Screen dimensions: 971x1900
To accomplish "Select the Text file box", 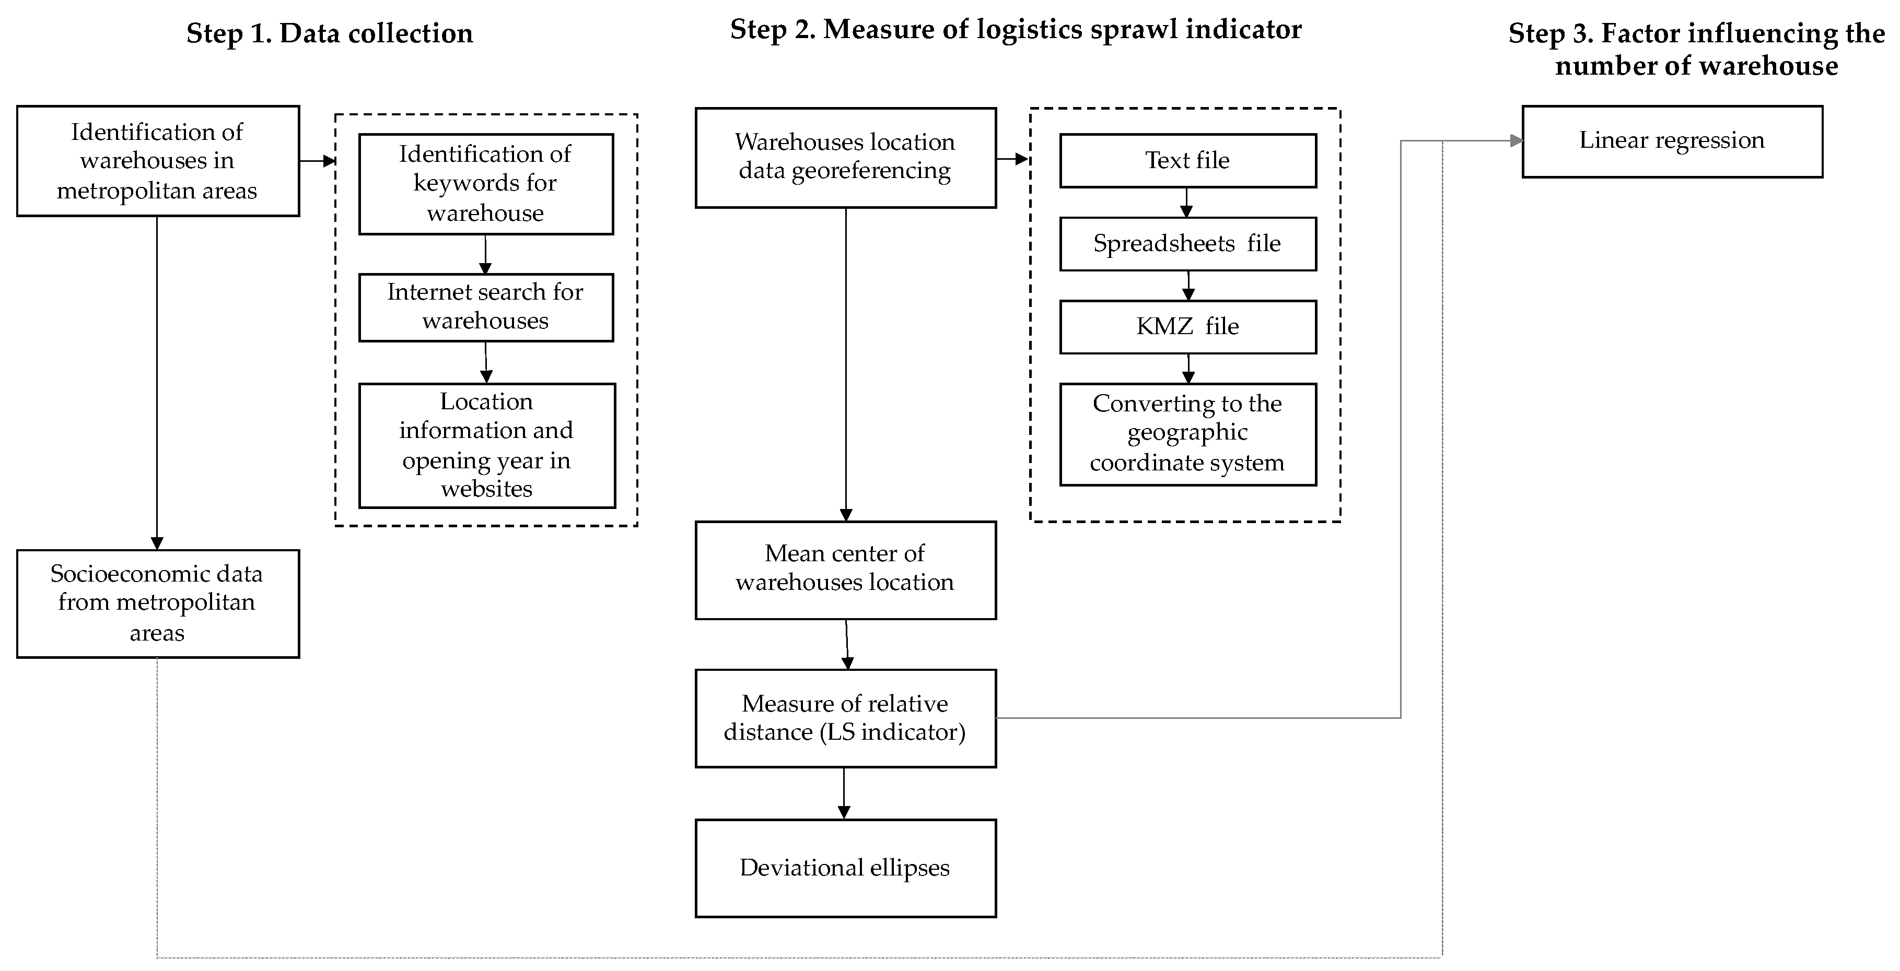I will point(1187,161).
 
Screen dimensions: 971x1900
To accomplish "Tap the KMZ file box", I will point(1187,327).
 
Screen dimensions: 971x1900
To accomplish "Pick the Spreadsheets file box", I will point(1187,244).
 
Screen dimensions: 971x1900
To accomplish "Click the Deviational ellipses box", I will point(845,868).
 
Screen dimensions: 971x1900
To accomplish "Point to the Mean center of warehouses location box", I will point(845,570).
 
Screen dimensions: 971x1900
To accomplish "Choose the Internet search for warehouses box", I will point(485,307).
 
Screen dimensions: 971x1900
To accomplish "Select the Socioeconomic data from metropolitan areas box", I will point(157,603).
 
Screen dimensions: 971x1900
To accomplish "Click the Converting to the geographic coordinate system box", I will point(1187,433).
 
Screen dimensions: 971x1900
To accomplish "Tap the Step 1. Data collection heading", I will point(329,34).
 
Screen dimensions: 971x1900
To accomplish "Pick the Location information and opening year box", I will point(487,445).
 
